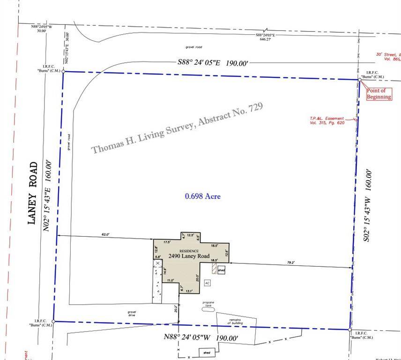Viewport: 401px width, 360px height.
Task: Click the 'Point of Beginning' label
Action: click(x=379, y=94)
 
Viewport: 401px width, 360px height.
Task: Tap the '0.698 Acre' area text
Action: click(x=202, y=196)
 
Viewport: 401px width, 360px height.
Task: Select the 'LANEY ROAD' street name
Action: click(x=33, y=193)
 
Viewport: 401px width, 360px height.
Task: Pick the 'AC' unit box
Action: click(x=207, y=283)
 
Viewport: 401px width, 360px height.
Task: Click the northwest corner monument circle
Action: click(x=63, y=72)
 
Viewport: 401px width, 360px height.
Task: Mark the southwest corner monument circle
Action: click(x=53, y=322)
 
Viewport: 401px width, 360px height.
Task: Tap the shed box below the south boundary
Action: click(x=205, y=352)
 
